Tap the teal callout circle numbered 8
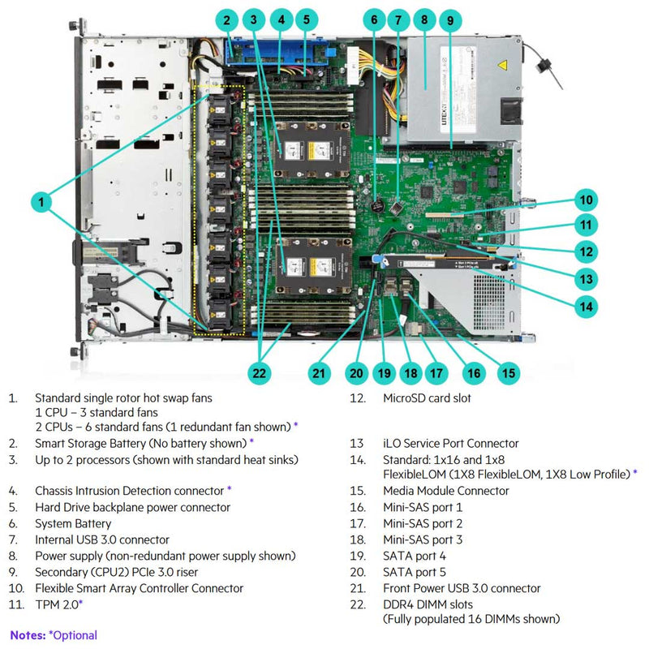tap(423, 19)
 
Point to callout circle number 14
tap(586, 306)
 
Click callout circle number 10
tap(586, 200)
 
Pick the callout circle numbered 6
tap(374, 19)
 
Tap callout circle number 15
tap(509, 373)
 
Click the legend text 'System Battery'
tap(73, 523)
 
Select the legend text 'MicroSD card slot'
tap(427, 398)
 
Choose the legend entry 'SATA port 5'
tap(414, 572)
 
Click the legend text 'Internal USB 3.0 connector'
tap(102, 539)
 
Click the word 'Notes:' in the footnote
tap(28, 635)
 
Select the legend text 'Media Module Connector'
tap(446, 491)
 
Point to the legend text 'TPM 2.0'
tap(57, 604)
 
